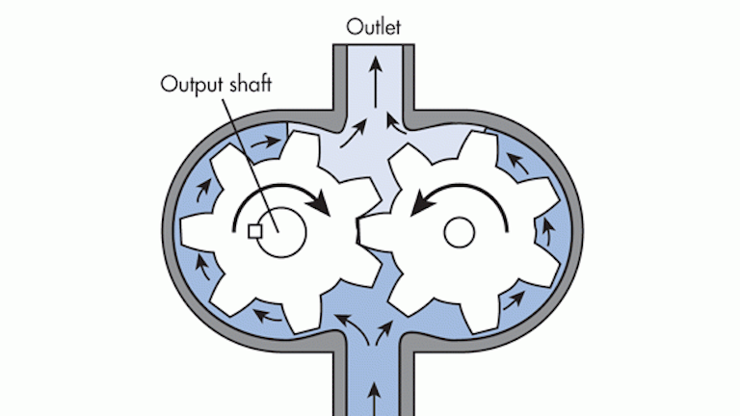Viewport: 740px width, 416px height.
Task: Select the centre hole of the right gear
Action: coord(458,231)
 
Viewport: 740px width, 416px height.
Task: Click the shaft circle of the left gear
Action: coord(279,230)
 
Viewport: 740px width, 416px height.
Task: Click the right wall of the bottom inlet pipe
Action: coord(407,380)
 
